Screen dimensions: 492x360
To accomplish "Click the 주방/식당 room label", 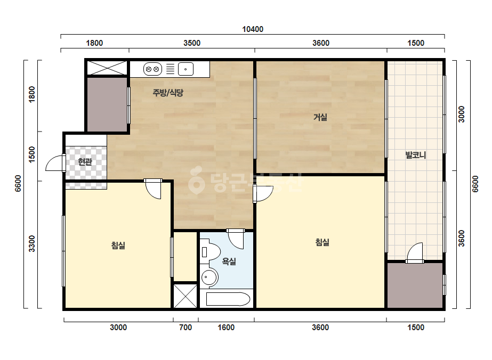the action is (168, 93).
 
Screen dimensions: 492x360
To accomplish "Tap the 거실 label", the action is (320, 117).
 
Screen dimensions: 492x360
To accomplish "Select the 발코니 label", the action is (416, 155).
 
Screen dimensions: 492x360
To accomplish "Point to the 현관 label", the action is (85, 162).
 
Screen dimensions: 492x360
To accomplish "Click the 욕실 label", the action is (229, 261).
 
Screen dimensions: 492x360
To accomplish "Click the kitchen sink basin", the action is (185, 69).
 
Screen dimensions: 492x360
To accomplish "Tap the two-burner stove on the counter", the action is (152, 69).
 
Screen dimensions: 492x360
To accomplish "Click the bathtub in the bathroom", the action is (228, 299).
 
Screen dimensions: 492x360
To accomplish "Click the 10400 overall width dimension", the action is (253, 29).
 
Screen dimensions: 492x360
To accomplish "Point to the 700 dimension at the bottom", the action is (185, 328).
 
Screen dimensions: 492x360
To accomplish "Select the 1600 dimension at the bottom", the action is (226, 328).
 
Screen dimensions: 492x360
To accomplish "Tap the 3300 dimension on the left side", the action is (32, 244).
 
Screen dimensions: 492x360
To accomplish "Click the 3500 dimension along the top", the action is (192, 43).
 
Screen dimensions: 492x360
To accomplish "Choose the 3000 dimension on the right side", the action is (461, 114).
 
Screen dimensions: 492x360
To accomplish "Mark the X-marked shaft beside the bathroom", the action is (185, 296).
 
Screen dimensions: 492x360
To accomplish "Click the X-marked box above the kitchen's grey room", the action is (107, 68).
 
